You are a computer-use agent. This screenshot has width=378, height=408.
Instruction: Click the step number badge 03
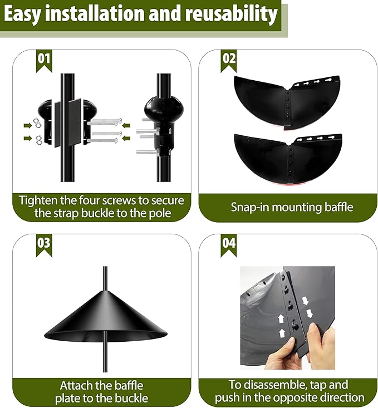tap(43, 244)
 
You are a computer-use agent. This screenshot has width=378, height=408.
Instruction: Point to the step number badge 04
tap(229, 244)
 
